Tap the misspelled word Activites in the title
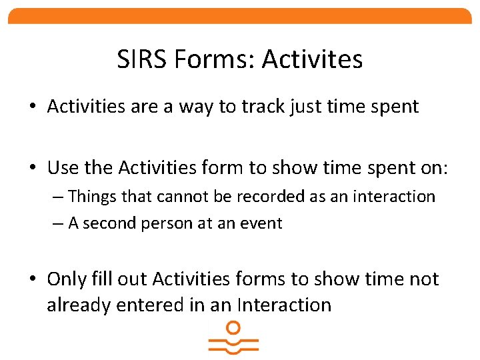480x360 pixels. (x=312, y=59)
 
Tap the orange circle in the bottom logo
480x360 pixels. (x=233, y=327)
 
